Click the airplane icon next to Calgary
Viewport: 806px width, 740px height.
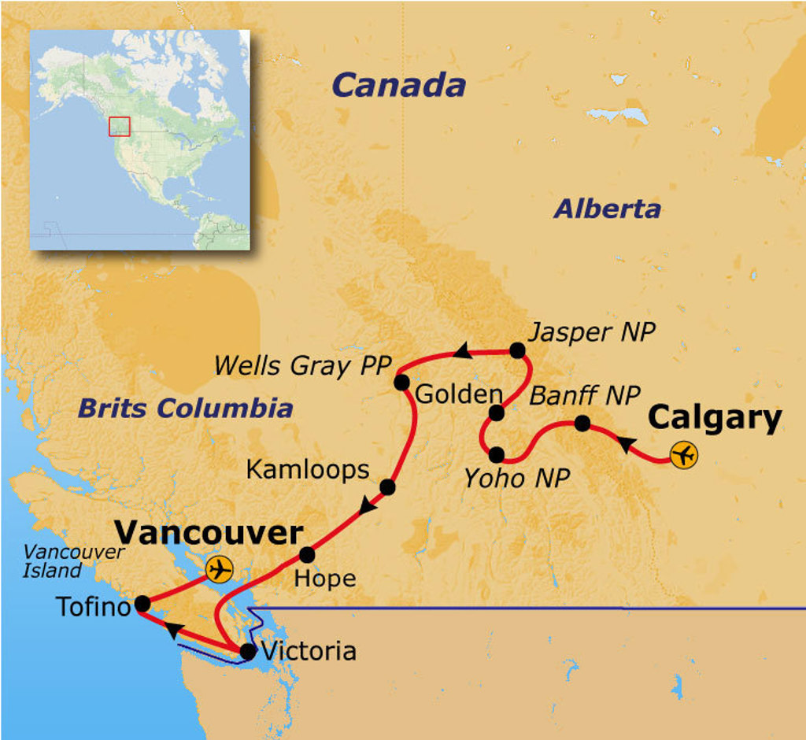point(685,455)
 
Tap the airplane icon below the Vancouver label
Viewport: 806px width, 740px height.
point(220,568)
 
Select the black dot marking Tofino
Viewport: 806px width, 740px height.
point(142,604)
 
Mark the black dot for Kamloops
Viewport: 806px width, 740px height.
point(387,487)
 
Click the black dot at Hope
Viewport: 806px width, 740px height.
point(307,554)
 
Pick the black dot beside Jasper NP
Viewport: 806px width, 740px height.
point(517,350)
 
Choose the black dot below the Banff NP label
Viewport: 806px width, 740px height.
point(582,423)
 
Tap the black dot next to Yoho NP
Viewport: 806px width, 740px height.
point(496,454)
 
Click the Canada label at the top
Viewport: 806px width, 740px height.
point(398,85)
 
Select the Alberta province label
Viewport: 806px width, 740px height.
point(607,209)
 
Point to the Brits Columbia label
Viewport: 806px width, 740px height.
point(186,408)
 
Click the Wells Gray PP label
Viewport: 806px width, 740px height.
point(302,364)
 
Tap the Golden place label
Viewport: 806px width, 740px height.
point(458,394)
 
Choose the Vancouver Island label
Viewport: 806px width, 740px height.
point(72,561)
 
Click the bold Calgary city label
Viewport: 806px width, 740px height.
point(715,418)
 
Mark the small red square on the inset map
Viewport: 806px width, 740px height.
point(119,126)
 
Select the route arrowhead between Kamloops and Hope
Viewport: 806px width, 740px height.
point(367,508)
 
